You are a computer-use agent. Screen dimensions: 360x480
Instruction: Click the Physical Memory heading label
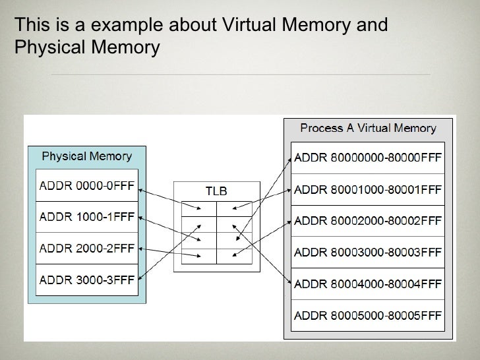pyautogui.click(x=86, y=156)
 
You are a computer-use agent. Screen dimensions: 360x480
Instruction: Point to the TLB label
pyautogui.click(x=216, y=191)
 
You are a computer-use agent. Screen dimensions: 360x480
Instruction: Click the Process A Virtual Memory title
pyautogui.click(x=368, y=127)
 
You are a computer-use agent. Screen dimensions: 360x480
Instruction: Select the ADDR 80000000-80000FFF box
pyautogui.click(x=368, y=158)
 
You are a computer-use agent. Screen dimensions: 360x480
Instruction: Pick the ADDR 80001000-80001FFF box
pyautogui.click(x=368, y=189)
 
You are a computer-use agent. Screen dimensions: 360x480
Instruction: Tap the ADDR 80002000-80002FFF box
pyautogui.click(x=368, y=220)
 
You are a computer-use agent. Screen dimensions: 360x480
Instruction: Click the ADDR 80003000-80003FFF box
pyautogui.click(x=368, y=251)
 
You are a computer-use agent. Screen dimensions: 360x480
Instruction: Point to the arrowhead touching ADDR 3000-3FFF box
pyautogui.click(x=139, y=278)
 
